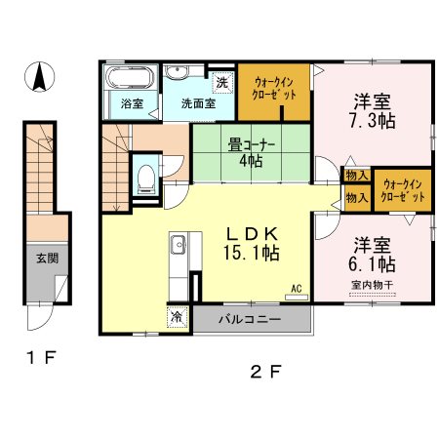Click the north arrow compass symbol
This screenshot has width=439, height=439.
(x=40, y=77)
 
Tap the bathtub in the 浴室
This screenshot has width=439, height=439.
(x=130, y=78)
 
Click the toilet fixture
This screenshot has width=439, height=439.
(x=145, y=180)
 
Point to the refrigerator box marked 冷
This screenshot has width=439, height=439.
(x=178, y=316)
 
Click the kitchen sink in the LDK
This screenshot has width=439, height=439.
(x=178, y=244)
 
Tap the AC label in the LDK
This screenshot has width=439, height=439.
(x=297, y=289)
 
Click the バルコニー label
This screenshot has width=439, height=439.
(x=250, y=319)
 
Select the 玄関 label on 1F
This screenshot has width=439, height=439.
(x=48, y=259)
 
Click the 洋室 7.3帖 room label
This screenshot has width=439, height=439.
(x=372, y=111)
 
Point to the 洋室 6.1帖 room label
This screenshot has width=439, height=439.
(x=372, y=255)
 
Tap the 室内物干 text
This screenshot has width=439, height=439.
(x=372, y=285)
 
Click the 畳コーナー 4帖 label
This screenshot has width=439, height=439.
(x=252, y=152)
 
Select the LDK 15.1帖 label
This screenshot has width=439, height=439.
(x=252, y=244)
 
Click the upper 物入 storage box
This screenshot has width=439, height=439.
(x=357, y=176)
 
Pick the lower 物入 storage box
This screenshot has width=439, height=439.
(x=357, y=198)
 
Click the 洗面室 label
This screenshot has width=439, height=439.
(x=198, y=103)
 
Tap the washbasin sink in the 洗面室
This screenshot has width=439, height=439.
(x=176, y=71)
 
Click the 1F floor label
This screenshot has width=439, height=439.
(x=41, y=358)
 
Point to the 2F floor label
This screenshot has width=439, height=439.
(x=265, y=372)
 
